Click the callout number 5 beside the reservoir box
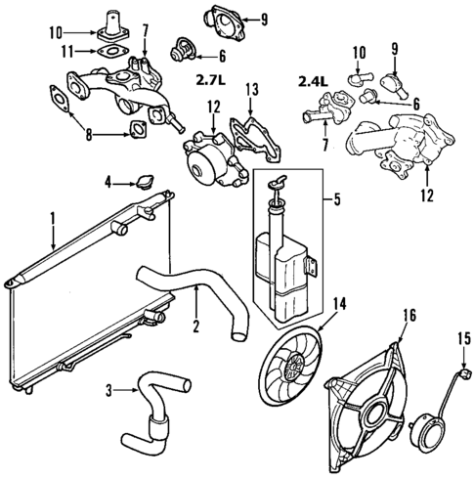tap(336, 202)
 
